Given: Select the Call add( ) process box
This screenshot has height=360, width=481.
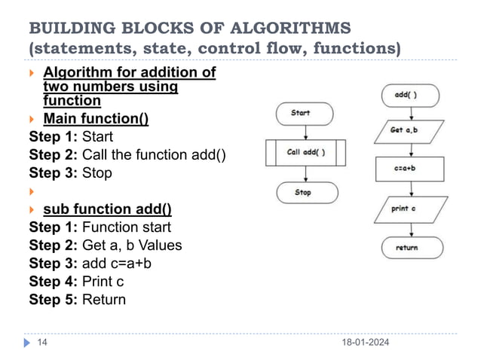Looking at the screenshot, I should coord(305,152).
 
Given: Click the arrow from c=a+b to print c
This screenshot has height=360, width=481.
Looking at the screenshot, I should coord(410,188).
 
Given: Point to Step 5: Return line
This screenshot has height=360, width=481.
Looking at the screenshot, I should coord(77,299).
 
